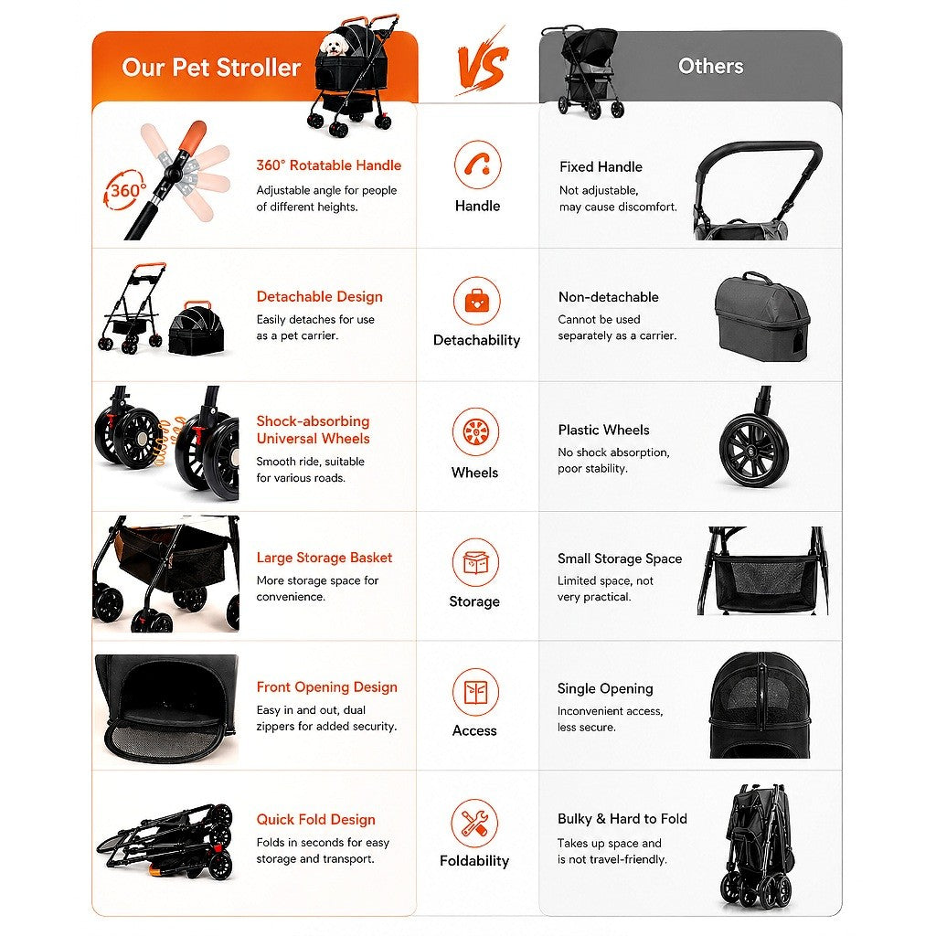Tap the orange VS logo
[482, 62]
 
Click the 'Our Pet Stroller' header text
[211, 68]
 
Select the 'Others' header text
[710, 66]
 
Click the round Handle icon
[477, 165]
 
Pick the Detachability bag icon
[476, 300]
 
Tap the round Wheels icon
[475, 431]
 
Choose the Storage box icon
[475, 562]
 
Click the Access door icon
[475, 692]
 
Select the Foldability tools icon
[474, 823]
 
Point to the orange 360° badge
[125, 190]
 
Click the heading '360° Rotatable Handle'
[329, 165]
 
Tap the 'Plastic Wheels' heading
[603, 430]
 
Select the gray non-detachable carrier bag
[762, 316]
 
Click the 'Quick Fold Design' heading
[315, 820]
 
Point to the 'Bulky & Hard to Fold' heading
[622, 818]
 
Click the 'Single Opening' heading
[605, 688]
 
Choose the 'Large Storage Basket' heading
[324, 558]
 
